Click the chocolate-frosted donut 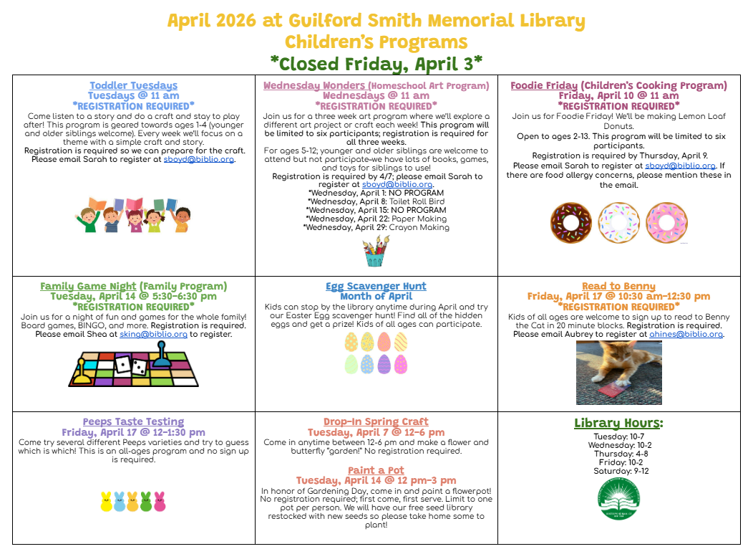[571, 222]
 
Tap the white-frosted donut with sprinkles [619, 222]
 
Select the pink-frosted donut [666, 222]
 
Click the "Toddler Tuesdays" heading [133, 85]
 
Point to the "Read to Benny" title [618, 286]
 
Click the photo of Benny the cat [619, 373]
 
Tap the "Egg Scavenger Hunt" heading [376, 286]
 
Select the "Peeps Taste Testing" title [133, 421]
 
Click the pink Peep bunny [160, 501]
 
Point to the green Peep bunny [146, 501]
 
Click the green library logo [619, 500]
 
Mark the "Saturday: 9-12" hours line [619, 471]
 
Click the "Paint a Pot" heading [376, 470]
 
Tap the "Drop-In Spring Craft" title [376, 421]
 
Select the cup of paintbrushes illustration [375, 252]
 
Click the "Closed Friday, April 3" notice [376, 63]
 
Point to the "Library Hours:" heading [618, 423]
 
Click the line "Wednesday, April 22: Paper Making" [376, 219]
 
